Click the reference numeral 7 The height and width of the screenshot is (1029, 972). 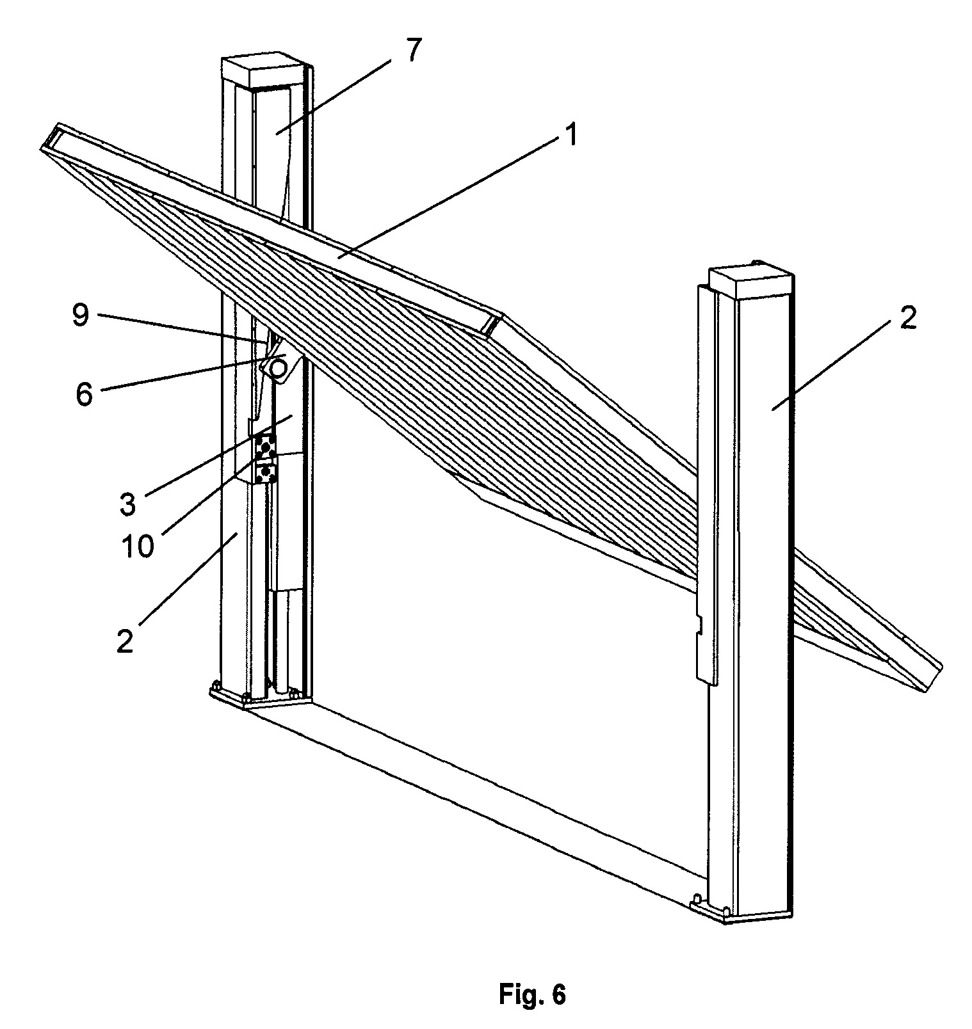[412, 51]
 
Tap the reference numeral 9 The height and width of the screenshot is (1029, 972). [80, 315]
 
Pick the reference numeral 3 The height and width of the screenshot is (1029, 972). [127, 504]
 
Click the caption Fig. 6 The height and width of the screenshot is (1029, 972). [532, 995]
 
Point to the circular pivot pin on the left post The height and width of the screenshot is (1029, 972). [279, 369]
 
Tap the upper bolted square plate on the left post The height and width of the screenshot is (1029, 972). [266, 444]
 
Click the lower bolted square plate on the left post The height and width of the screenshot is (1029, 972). [266, 474]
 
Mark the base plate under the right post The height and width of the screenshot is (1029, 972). [743, 911]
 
